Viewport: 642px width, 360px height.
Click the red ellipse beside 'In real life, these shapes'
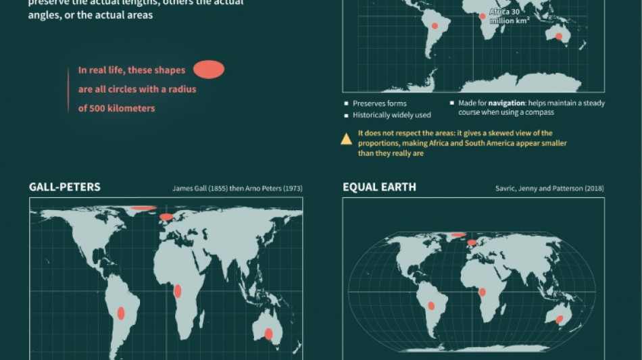pyautogui.click(x=209, y=70)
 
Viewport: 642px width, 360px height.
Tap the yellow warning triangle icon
pyautogui.click(x=346, y=139)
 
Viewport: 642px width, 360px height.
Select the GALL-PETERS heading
pyautogui.click(x=65, y=186)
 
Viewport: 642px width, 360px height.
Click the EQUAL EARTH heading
pyautogui.click(x=379, y=187)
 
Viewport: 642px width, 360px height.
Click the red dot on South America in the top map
pyautogui.click(x=436, y=26)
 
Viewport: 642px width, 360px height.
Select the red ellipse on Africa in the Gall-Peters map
pyautogui.click(x=178, y=291)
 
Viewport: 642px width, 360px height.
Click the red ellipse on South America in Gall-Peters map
pyautogui.click(x=121, y=313)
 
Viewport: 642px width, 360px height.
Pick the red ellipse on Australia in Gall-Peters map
pyautogui.click(x=268, y=334)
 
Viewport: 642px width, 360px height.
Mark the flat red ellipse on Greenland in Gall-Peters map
pyautogui.click(x=143, y=208)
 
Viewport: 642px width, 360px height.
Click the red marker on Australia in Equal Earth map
pyautogui.click(x=560, y=319)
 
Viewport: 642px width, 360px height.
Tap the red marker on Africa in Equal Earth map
pyautogui.click(x=483, y=292)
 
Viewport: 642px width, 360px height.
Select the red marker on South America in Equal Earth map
pyautogui.click(x=431, y=306)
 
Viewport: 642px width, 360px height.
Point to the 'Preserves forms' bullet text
pyautogui.click(x=380, y=103)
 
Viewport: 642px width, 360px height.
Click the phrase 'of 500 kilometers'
pyautogui.click(x=117, y=108)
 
